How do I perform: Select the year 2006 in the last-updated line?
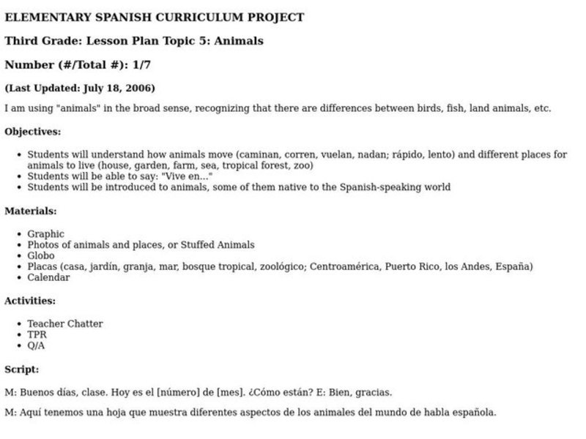(140, 89)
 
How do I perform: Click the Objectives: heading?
(33, 132)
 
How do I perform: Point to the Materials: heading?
(31, 211)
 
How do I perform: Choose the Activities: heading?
(30, 300)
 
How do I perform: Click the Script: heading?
(22, 369)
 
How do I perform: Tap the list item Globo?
(41, 256)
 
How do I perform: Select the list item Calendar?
(48, 277)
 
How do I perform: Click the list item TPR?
(37, 334)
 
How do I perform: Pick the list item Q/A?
(36, 345)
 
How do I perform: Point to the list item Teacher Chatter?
(65, 323)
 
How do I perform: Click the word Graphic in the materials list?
(45, 234)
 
